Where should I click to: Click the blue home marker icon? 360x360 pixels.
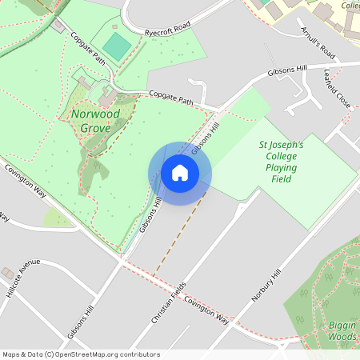pos(180,173)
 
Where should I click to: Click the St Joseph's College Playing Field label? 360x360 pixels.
pos(280,162)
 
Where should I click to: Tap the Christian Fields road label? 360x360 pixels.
pos(169,302)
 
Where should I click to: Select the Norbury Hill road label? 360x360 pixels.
pos(266,285)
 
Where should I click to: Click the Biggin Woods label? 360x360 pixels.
pos(342,331)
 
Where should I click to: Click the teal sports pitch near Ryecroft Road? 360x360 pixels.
pos(117,46)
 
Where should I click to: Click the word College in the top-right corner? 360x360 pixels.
pos(350,5)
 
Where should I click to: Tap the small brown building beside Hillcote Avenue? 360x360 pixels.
pos(7,274)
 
